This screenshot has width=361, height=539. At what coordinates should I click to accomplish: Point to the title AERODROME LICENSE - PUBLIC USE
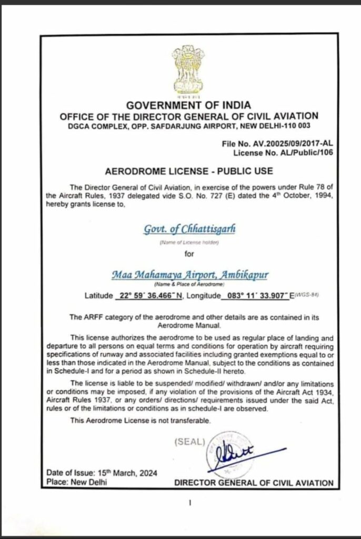coord(182,172)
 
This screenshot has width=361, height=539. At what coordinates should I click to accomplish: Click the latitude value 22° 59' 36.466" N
coord(149,296)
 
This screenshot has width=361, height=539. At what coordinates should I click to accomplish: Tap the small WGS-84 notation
coord(309,294)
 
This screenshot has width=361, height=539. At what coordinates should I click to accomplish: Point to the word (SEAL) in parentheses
coord(188,441)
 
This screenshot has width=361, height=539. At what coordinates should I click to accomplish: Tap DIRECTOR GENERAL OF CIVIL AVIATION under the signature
coord(254,482)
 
